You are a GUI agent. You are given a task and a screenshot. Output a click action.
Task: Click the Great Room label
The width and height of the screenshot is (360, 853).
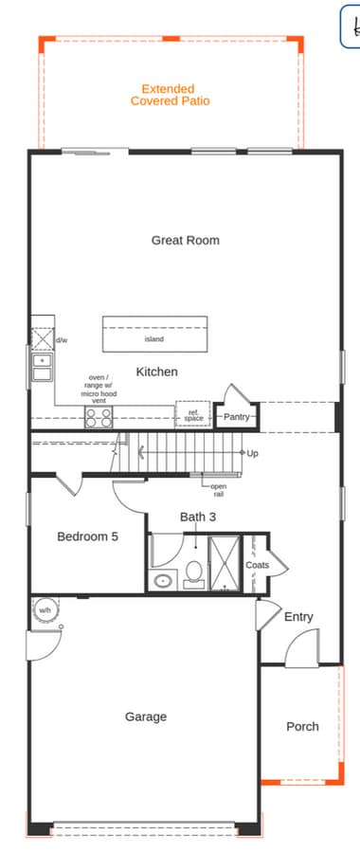(x=185, y=241)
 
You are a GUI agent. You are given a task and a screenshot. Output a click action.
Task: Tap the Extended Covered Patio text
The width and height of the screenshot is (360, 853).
(x=170, y=95)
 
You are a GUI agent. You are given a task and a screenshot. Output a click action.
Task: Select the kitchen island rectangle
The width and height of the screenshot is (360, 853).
(x=154, y=334)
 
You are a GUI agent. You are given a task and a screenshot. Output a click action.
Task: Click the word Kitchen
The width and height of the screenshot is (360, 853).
(x=156, y=372)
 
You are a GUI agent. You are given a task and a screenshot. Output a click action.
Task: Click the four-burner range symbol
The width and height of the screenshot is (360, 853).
(x=99, y=416)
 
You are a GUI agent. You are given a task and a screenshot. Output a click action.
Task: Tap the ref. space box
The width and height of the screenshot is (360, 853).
(x=192, y=415)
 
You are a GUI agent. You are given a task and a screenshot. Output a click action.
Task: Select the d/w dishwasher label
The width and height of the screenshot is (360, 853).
(x=61, y=339)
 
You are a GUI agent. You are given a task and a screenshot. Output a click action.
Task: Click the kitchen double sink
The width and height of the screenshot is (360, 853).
(x=42, y=367)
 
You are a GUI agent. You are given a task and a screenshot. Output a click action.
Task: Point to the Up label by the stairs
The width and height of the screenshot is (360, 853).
(x=252, y=453)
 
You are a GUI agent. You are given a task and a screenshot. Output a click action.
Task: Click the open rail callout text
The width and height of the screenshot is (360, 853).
(x=218, y=490)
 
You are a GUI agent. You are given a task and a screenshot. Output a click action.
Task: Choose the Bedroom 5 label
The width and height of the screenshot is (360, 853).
(x=87, y=536)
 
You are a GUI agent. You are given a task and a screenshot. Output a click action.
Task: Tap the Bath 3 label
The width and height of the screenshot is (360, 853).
(x=198, y=517)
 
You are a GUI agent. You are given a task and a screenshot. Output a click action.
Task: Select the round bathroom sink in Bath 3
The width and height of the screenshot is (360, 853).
(x=163, y=580)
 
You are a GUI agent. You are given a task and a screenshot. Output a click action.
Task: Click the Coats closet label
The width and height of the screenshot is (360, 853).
(x=257, y=565)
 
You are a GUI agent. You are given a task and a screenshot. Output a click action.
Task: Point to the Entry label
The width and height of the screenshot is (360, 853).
(x=298, y=617)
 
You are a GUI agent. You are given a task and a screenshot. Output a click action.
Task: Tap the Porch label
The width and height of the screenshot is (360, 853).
(x=302, y=727)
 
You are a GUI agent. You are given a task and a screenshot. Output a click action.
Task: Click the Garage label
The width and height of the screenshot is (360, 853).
(x=146, y=717)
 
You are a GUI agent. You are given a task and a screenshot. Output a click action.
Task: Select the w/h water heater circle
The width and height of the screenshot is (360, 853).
(x=45, y=610)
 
